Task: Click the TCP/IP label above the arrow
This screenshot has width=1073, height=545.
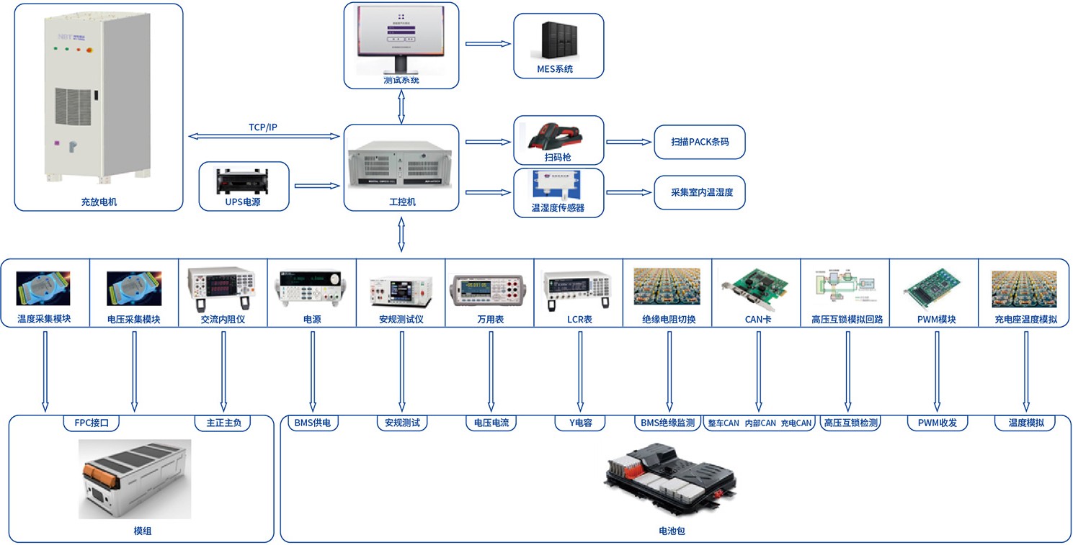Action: (x=263, y=127)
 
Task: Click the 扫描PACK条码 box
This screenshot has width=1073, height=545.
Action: (x=699, y=142)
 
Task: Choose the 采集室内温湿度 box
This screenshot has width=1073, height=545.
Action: (x=699, y=192)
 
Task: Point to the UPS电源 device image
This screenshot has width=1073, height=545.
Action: (x=243, y=179)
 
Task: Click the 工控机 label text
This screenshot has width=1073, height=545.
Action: (x=401, y=202)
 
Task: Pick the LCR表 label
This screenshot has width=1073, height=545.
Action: (x=579, y=319)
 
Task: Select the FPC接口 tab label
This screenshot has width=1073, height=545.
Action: (x=91, y=423)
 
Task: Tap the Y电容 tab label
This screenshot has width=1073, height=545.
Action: (x=579, y=423)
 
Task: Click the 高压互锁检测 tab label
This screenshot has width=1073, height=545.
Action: (x=850, y=423)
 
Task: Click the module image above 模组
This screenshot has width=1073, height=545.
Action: (x=135, y=479)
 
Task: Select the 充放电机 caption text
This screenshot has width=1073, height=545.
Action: (x=99, y=202)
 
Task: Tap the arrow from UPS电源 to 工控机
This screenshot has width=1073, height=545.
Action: (x=316, y=186)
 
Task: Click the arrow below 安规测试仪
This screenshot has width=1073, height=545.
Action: (x=401, y=370)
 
